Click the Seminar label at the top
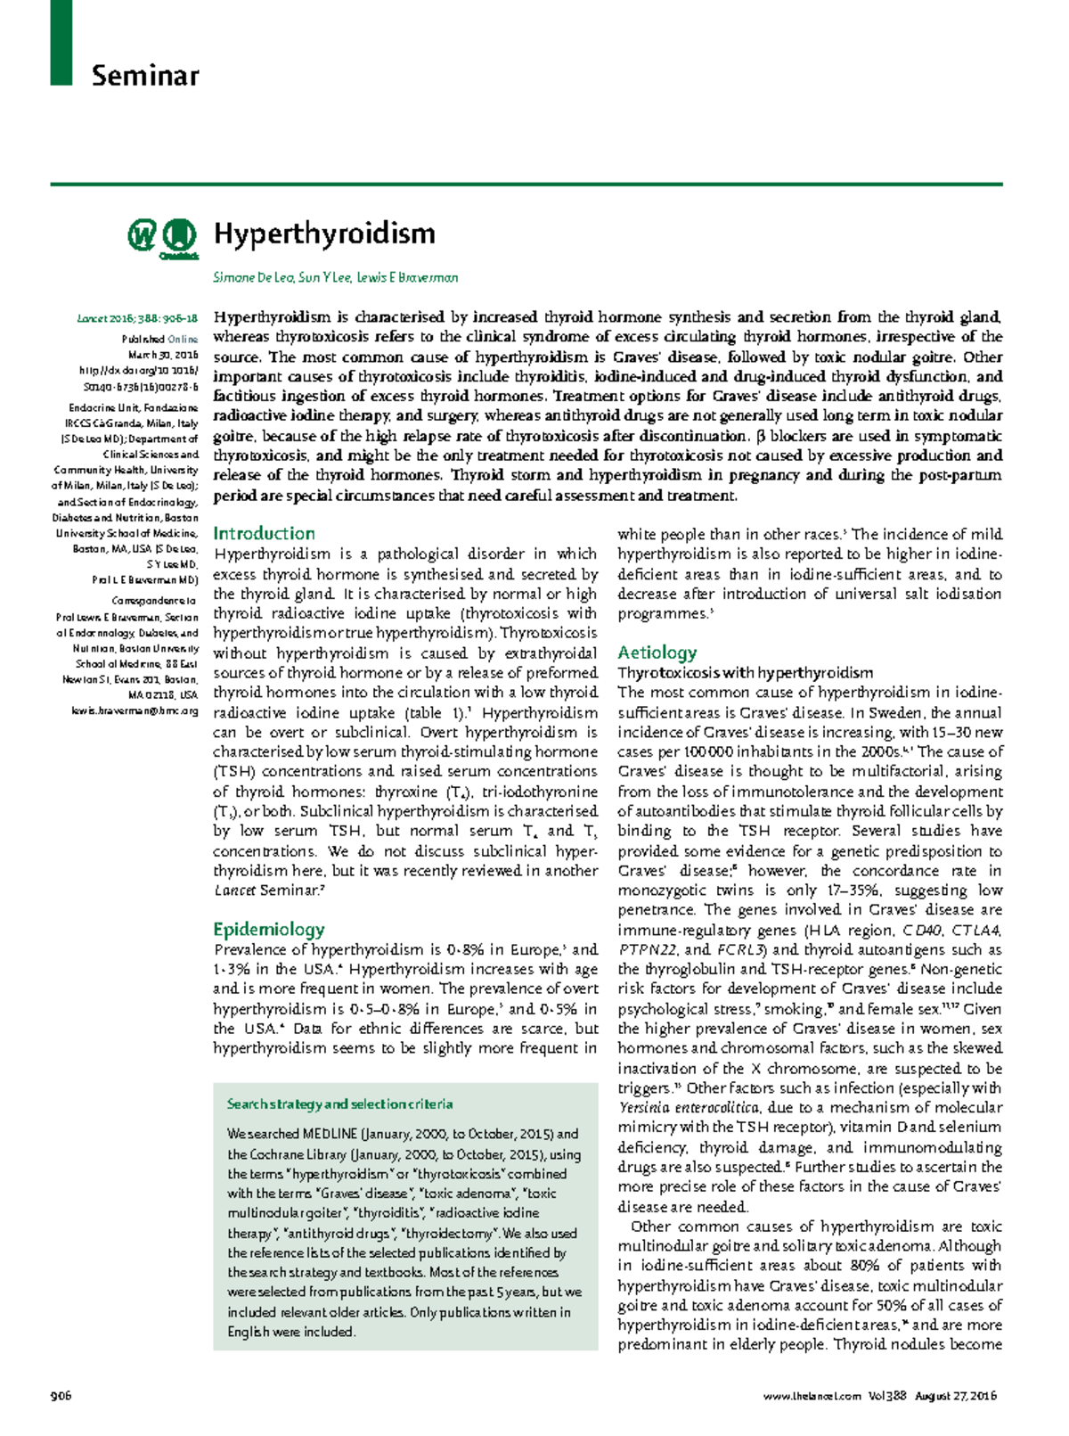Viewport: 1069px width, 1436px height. (x=144, y=76)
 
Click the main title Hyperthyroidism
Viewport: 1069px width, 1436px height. (x=324, y=234)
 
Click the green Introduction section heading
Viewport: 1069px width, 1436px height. (x=264, y=533)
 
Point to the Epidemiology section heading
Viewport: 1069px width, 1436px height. (x=268, y=929)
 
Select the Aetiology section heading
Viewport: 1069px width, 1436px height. (x=657, y=652)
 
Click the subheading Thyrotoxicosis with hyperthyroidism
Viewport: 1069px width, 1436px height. (x=745, y=673)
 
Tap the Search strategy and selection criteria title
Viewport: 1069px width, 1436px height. (x=339, y=1104)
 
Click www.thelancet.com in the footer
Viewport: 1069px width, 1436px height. (x=812, y=1396)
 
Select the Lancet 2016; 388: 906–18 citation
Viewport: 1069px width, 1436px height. (x=137, y=318)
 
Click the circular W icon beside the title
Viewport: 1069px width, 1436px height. (x=142, y=235)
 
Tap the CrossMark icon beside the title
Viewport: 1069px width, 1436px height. (x=179, y=237)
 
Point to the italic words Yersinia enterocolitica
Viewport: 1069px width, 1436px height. (x=689, y=1108)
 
